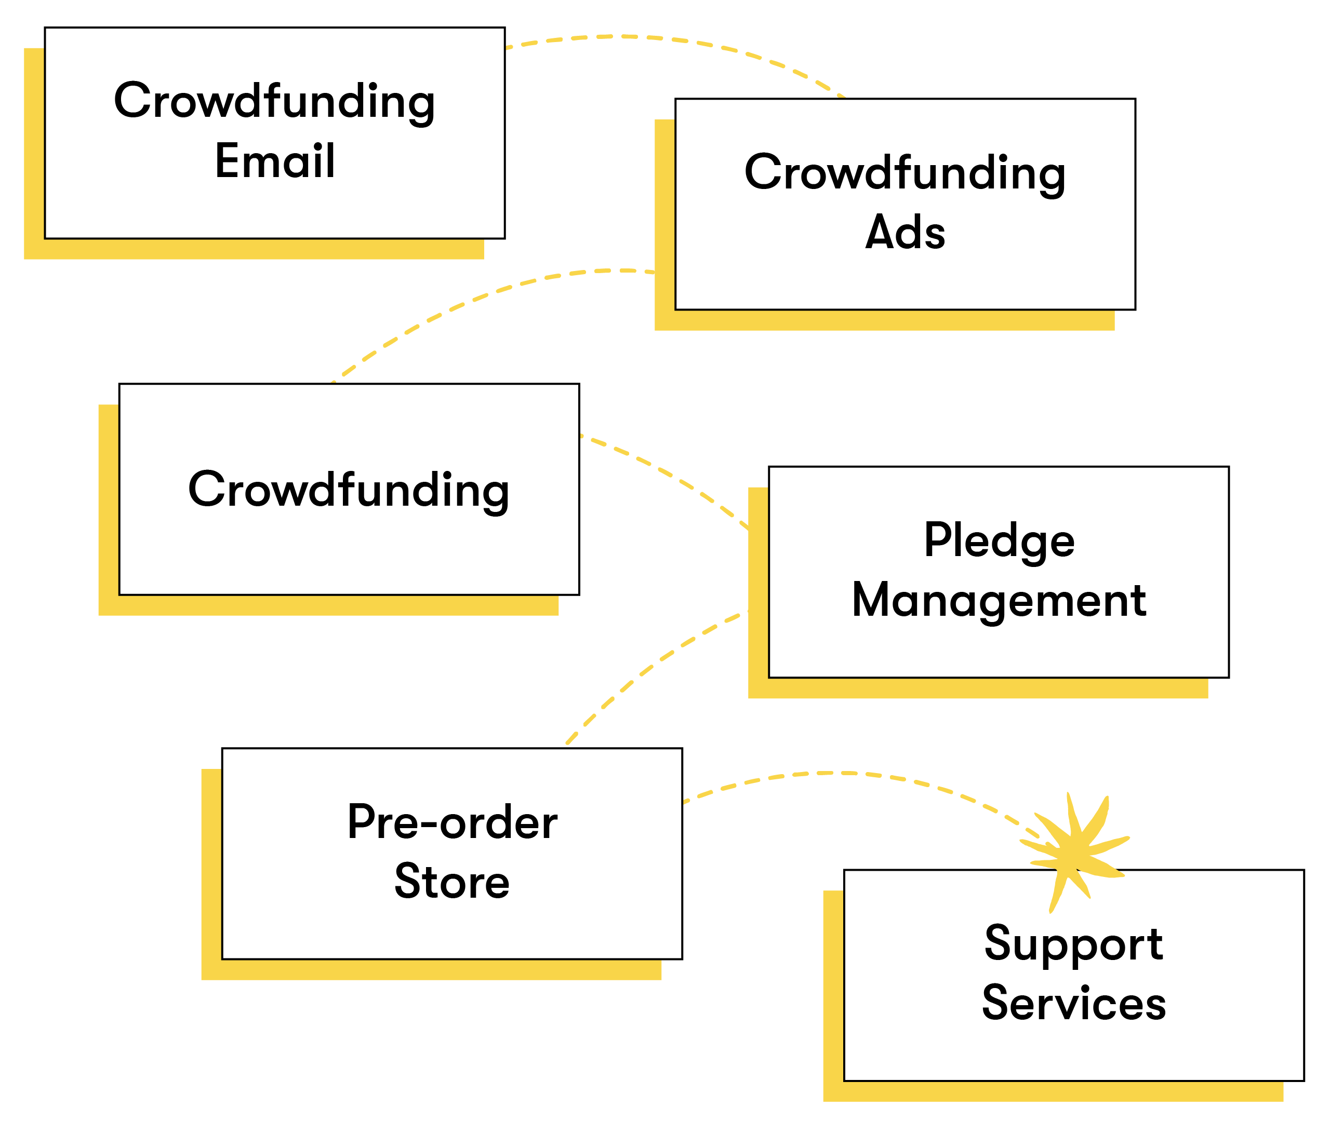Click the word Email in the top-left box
[274, 161]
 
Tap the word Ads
[905, 232]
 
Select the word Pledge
[999, 540]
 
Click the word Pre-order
[452, 822]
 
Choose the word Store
[452, 882]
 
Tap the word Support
[1073, 943]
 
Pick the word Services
[1073, 1003]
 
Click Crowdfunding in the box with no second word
[349, 490]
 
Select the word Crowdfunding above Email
[274, 101]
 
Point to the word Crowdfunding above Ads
[905, 172]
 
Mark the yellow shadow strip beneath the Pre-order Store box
[433, 969]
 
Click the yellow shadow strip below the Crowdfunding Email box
[255, 249]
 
